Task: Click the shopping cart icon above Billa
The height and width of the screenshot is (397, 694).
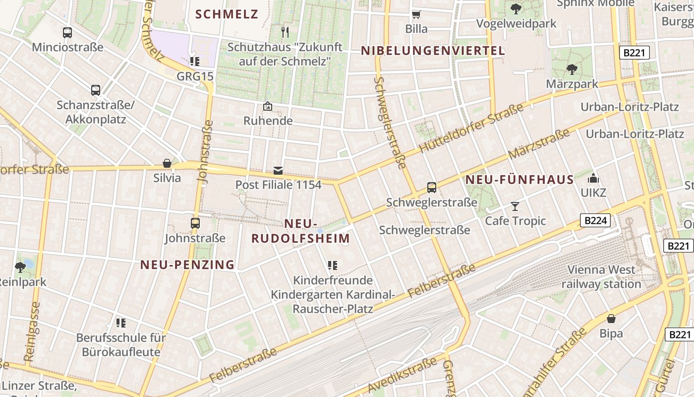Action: point(416,14)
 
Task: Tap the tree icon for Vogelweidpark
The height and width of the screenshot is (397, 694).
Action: point(516,8)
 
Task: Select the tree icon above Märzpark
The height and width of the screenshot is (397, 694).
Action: point(572,69)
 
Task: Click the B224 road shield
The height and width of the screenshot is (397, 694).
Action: point(595,220)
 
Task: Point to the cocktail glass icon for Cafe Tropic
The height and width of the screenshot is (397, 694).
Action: point(515,206)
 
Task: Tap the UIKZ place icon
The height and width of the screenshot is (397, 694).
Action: point(593,178)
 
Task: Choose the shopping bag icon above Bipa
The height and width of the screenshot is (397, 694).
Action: point(611,319)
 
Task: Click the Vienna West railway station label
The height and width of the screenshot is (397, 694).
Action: point(601,277)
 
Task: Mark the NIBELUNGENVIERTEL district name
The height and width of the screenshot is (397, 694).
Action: point(433,51)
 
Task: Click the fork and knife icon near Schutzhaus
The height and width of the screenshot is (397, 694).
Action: point(285,32)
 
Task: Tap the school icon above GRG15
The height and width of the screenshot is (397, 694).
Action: point(194,62)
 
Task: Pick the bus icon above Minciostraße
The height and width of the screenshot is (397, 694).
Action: point(67,33)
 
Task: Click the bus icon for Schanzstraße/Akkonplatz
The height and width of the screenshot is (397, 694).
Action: point(96,90)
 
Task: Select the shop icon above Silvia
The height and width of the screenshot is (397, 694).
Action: point(167,163)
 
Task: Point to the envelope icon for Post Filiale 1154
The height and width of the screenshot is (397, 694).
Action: point(278,171)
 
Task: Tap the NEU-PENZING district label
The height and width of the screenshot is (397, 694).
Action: point(187,265)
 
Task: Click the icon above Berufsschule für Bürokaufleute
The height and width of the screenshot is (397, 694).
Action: point(120,323)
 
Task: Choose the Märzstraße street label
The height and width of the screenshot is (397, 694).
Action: point(539,145)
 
